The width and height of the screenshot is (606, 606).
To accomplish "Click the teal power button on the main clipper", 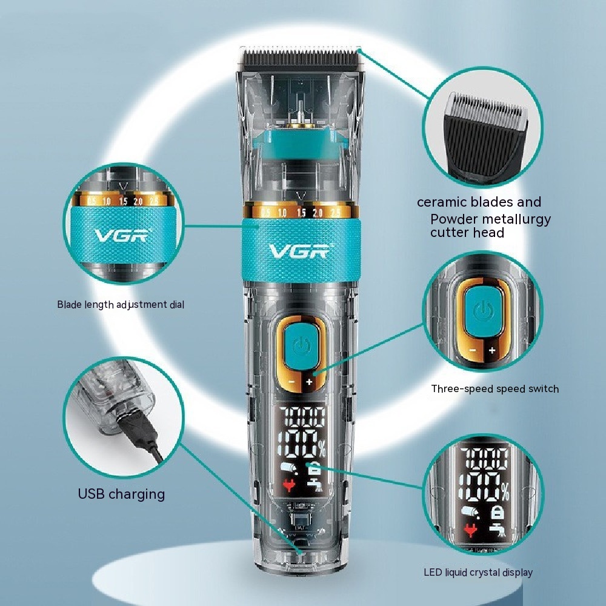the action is coord(301,347).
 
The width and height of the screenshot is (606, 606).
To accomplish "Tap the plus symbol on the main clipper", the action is coord(309,382).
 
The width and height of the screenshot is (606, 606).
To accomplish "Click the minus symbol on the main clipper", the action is coord(292,382).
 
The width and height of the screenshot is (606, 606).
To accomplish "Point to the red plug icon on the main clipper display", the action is coord(288,485).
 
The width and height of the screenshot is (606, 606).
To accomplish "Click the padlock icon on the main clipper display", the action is coord(313,469).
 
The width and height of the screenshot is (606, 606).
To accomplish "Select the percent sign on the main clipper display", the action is coord(322,450).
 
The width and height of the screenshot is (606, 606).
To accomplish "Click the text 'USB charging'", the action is coord(121,494).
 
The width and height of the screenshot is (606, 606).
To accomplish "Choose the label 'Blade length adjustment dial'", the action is coord(121,305).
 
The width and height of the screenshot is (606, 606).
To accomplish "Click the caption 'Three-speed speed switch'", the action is coord(495,389).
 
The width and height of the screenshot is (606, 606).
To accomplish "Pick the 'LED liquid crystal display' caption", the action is coord(478,573).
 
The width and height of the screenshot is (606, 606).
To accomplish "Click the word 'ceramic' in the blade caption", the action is coord(442,202).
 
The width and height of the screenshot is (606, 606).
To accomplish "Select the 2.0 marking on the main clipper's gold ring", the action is coord(318,213).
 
